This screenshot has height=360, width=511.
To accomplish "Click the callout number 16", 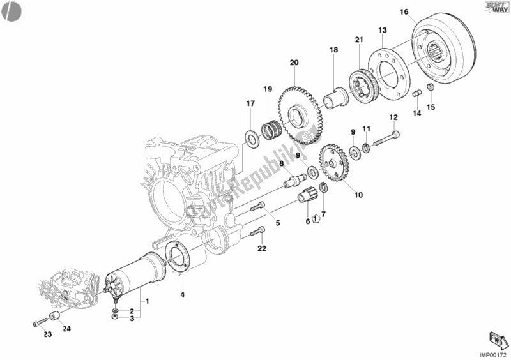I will [404, 11].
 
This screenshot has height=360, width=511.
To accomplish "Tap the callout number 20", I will [294, 63].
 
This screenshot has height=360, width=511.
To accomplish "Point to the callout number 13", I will [383, 30].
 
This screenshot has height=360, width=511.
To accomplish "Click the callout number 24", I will [67, 329].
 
